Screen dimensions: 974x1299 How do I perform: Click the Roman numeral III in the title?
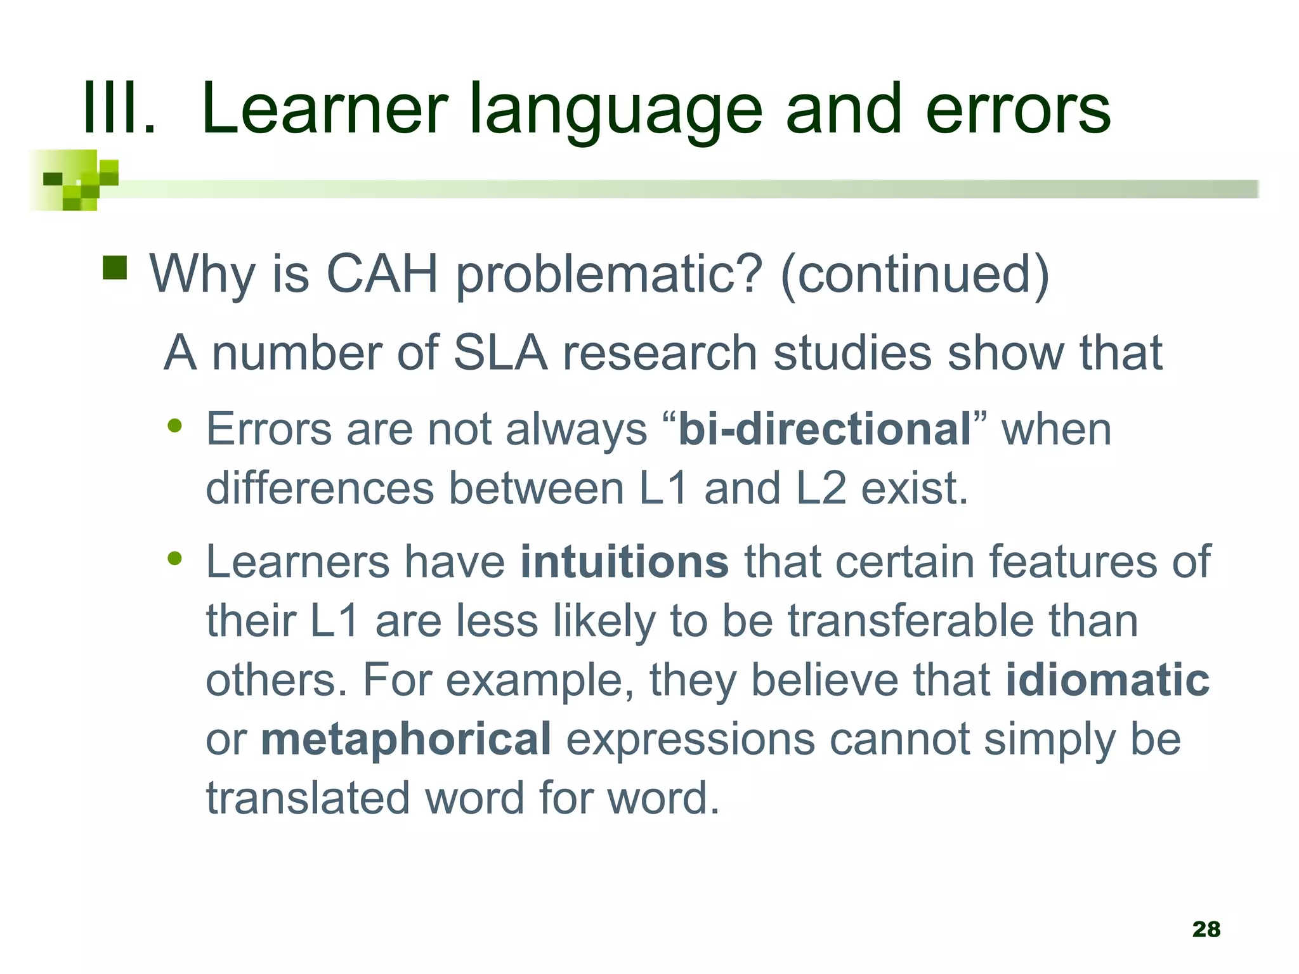coord(119,109)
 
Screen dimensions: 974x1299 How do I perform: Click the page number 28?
coord(1206,929)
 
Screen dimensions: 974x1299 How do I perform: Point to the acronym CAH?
coord(382,274)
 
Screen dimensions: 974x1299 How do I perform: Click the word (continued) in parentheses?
coord(915,274)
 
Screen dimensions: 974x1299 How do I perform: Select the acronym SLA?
coord(500,353)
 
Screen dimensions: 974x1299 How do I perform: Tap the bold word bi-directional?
coord(825,429)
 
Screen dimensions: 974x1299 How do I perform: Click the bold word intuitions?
coord(624,562)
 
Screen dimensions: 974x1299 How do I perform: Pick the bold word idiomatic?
coord(1107,680)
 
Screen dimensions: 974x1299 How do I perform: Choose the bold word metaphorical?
coord(406,739)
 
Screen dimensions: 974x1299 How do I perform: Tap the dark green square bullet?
coord(115,268)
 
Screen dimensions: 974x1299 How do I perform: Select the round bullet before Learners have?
coord(174,559)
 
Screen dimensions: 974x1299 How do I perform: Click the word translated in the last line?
coord(308,798)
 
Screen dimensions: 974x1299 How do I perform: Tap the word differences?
coord(320,488)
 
